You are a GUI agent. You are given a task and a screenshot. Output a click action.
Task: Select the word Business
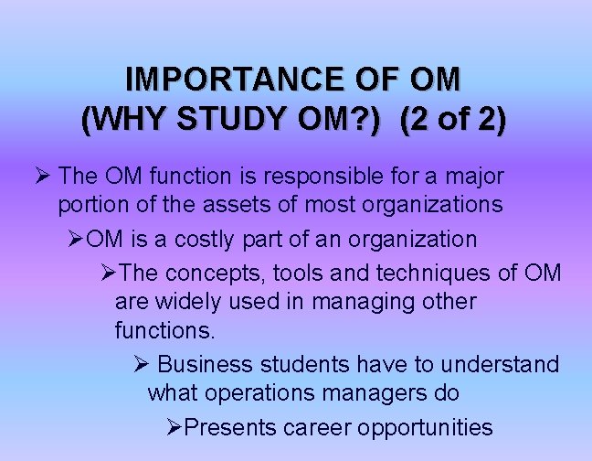(206, 364)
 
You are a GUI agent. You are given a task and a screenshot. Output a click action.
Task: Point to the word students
(303, 364)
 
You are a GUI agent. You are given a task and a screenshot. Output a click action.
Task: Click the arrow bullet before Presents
(175, 427)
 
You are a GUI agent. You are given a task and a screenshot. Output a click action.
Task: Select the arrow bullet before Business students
(142, 364)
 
